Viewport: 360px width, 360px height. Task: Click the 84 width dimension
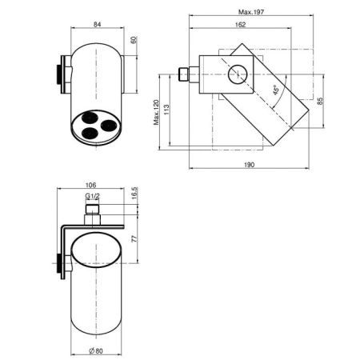click(x=98, y=24)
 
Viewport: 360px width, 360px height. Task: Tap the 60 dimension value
click(x=134, y=40)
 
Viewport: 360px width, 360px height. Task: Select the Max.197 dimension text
click(x=251, y=12)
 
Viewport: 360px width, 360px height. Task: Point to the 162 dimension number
click(x=240, y=25)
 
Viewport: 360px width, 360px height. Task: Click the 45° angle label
click(x=276, y=90)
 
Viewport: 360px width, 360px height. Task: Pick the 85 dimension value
click(x=320, y=101)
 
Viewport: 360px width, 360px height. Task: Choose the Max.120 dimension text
click(x=156, y=112)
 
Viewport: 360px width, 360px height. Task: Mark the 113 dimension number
click(x=166, y=110)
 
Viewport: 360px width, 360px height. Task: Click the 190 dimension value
click(x=250, y=165)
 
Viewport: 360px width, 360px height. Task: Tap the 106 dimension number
click(x=90, y=185)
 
